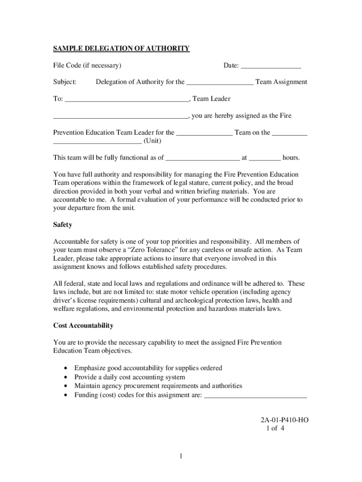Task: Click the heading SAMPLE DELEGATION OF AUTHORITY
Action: (x=121, y=48)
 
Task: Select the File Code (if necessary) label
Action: (x=87, y=65)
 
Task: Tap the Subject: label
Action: (x=65, y=82)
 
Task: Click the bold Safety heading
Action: (x=63, y=225)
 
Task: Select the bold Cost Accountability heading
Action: (x=83, y=326)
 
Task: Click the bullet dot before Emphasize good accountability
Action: (x=65, y=368)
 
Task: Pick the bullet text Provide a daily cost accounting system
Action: (x=130, y=377)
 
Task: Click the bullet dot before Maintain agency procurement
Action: (x=65, y=386)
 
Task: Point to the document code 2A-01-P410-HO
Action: (x=285, y=420)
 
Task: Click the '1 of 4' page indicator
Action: (x=275, y=428)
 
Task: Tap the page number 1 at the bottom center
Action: (x=181, y=456)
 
